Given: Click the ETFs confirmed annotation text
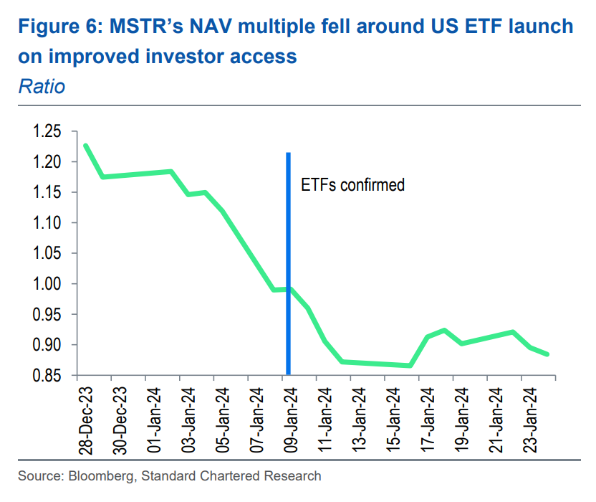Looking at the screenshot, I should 352,185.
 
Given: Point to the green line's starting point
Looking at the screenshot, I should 85,146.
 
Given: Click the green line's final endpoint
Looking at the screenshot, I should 548,354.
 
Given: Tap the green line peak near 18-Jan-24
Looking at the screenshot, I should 444,330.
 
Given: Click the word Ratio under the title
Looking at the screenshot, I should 41,87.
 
